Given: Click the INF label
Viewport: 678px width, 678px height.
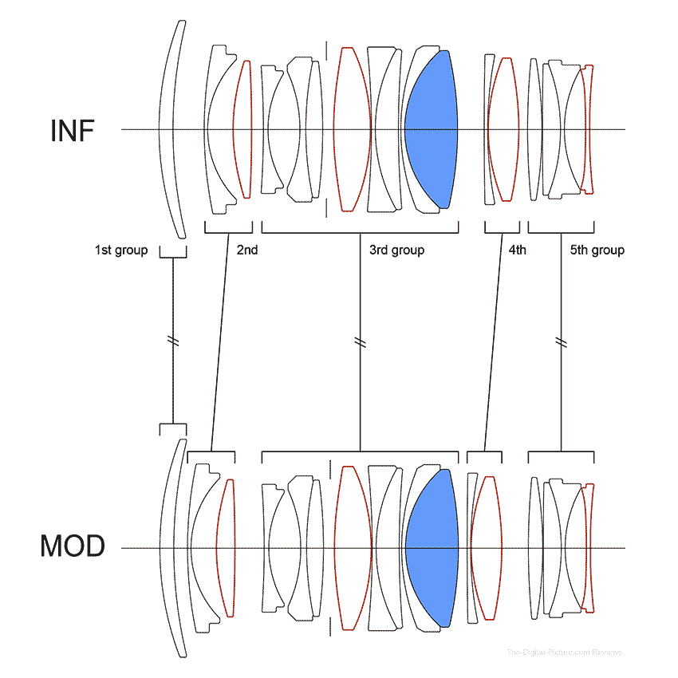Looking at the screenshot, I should coord(73,130).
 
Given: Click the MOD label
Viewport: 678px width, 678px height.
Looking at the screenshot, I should coord(73,547).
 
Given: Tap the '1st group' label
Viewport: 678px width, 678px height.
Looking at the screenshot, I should coord(121,250).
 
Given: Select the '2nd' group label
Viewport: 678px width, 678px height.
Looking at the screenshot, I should coord(247,250).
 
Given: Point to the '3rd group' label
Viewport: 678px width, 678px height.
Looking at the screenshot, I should coord(396,250).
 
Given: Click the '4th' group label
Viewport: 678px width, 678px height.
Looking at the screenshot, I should coord(517,250).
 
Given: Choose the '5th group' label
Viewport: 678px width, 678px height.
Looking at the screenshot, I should coord(597,250).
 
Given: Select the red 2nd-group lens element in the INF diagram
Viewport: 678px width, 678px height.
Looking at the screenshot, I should coord(242,129).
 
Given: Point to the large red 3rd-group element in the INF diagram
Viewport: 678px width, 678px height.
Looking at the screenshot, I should coord(353,129).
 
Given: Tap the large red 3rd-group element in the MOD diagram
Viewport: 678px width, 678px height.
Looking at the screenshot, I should coord(353,547).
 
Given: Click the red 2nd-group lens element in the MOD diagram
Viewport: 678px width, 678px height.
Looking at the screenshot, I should coord(227,547).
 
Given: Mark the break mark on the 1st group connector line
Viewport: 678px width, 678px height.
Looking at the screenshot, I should coord(173,341).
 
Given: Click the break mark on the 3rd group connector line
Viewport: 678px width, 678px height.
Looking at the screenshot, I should coord(361,341).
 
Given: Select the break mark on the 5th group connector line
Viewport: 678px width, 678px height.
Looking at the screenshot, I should coord(561,341).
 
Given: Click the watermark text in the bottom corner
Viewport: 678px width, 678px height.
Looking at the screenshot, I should coord(564,652).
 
